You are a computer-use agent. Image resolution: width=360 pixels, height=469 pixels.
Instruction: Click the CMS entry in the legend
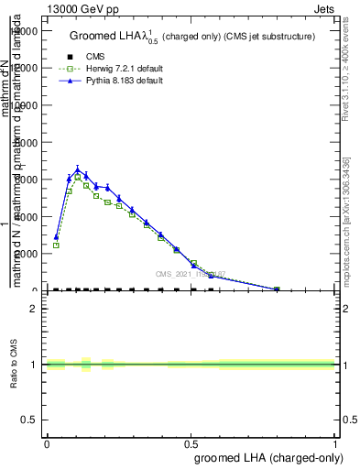coord(93,56)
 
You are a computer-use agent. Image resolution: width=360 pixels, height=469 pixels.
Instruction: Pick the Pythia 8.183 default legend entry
coord(120,81)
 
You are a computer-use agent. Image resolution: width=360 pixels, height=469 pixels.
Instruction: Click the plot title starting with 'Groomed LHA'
coord(192,37)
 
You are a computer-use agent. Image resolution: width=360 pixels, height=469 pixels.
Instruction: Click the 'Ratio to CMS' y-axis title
coord(16,365)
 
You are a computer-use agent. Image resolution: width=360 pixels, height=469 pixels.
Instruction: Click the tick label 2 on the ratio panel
coord(34,309)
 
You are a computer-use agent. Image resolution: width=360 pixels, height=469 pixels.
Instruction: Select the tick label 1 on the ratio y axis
coord(34,365)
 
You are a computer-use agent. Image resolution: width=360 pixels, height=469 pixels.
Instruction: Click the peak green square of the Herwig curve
coord(78,177)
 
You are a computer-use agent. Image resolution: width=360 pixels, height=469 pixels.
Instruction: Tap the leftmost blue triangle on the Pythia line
coord(56,236)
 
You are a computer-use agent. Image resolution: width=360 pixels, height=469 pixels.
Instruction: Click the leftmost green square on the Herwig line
coord(56,245)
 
